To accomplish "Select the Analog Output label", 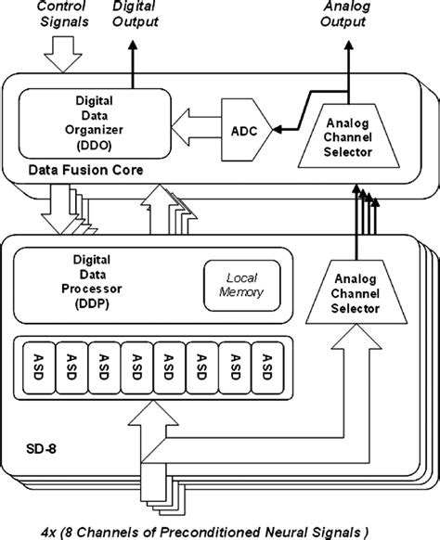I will pyautogui.click(x=349, y=14).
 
